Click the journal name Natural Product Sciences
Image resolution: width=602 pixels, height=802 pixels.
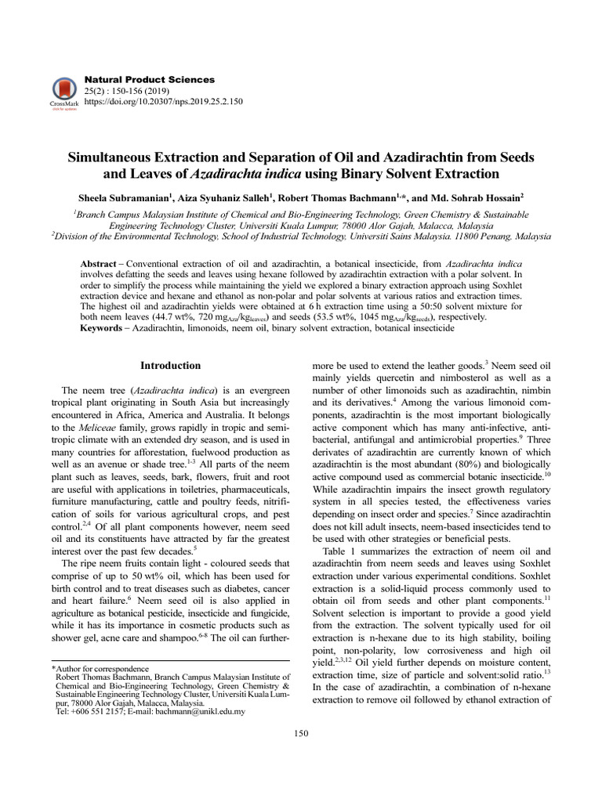coord(148,80)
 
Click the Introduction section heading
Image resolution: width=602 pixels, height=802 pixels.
coord(170,366)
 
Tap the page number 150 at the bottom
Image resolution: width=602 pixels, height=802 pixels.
coord(301,733)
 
